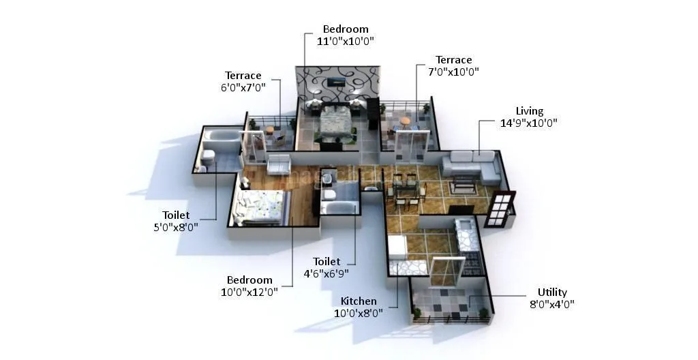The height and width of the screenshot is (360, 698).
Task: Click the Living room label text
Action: (x=529, y=111)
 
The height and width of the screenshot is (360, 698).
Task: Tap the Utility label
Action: (x=551, y=292)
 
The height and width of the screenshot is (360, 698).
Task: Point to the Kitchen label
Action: (x=359, y=301)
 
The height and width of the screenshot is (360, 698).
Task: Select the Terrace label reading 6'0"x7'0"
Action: (x=243, y=75)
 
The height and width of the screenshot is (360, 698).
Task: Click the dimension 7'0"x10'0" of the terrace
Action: (x=453, y=72)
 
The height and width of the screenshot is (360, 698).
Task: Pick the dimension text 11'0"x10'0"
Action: (x=346, y=41)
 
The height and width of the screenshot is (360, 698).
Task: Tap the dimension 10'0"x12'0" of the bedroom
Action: (x=249, y=292)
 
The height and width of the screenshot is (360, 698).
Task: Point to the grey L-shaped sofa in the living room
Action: (x=470, y=166)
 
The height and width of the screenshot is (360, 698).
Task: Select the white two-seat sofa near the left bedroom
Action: (x=279, y=164)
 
